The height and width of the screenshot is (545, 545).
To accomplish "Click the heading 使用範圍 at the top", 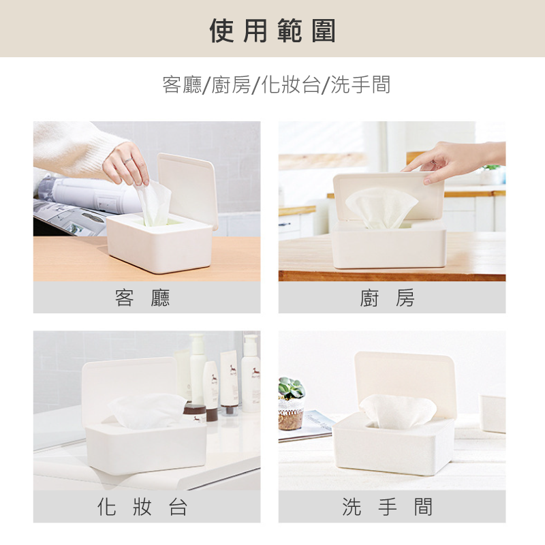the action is [x=272, y=31].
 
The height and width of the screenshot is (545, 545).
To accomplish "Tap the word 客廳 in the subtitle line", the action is [x=182, y=84].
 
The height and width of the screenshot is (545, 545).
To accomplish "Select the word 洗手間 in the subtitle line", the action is [x=360, y=84].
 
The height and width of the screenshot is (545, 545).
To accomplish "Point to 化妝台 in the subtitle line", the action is [x=291, y=84].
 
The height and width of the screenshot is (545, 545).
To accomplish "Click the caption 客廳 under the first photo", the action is [x=142, y=298].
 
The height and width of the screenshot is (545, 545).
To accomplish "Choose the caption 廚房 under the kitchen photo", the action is [x=387, y=298].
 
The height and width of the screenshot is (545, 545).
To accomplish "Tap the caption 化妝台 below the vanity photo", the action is [x=142, y=506].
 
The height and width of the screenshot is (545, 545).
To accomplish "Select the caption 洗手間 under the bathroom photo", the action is [x=387, y=506].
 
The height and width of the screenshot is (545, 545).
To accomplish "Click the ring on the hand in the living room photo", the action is [x=128, y=160].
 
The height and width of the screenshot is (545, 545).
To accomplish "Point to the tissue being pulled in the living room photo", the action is [x=155, y=203].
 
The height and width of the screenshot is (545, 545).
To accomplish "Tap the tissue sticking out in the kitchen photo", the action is [x=381, y=208].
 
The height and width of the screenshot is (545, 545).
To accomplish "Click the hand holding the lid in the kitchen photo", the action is [x=452, y=160].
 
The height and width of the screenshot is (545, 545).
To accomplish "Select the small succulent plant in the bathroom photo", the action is [x=292, y=388].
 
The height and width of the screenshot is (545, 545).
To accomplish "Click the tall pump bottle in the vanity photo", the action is [x=197, y=369].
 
